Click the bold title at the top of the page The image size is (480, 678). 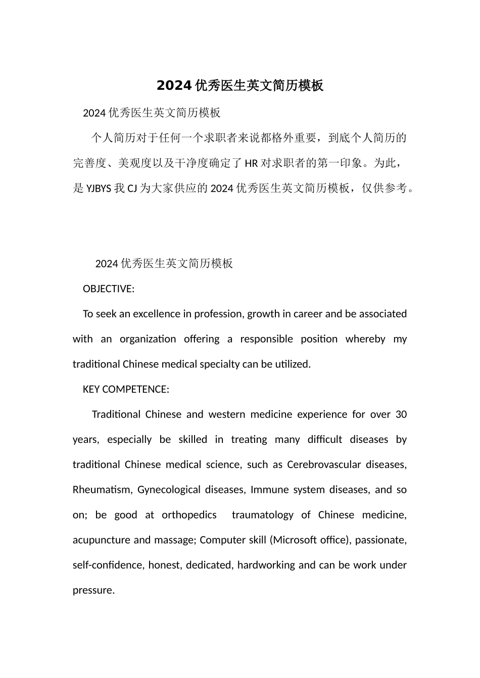point(239,86)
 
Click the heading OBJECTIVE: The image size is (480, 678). point(108,289)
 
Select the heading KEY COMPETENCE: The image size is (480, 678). point(125,389)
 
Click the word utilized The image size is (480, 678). point(293,364)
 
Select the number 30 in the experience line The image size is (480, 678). point(401,415)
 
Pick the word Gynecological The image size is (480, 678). point(169,490)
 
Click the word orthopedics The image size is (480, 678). point(189,515)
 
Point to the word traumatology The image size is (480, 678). point(262,515)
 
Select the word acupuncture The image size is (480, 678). point(102,540)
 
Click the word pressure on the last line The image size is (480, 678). point(93,590)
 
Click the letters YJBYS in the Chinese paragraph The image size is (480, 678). point(99,189)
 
